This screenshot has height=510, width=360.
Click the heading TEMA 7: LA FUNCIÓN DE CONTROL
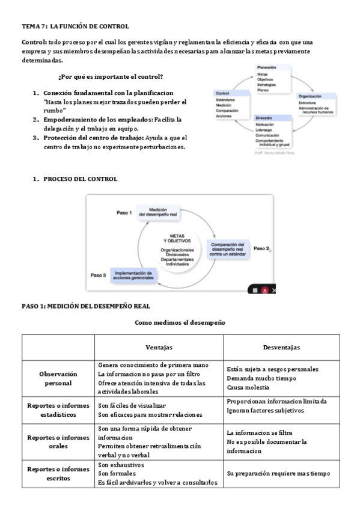75,26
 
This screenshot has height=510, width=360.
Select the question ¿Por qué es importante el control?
111,76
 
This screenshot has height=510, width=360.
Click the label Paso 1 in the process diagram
125,213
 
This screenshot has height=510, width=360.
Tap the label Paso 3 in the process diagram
99,275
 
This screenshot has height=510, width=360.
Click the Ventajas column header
159,348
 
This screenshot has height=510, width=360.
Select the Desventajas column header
282,348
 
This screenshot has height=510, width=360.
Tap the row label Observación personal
58,378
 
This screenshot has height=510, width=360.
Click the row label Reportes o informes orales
58,441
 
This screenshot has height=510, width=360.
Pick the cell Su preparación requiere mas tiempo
278,473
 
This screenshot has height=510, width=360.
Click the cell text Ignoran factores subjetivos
265,410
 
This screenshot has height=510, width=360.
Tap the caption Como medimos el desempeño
180,322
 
